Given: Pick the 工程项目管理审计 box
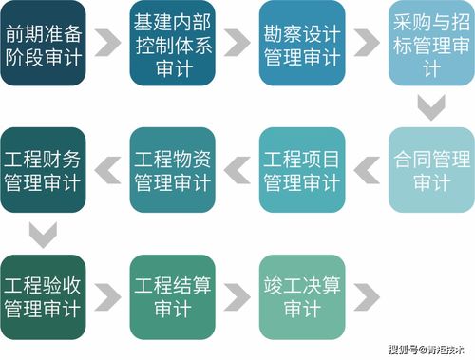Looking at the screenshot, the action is [x=301, y=168].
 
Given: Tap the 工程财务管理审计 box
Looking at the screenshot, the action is [x=42, y=168].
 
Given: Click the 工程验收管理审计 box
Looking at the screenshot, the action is [x=42, y=295].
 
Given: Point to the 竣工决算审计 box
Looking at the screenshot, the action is [x=301, y=295].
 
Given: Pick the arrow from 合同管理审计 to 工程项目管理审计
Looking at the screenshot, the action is [x=366, y=168].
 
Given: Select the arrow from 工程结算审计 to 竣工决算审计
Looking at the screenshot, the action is [x=237, y=295].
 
